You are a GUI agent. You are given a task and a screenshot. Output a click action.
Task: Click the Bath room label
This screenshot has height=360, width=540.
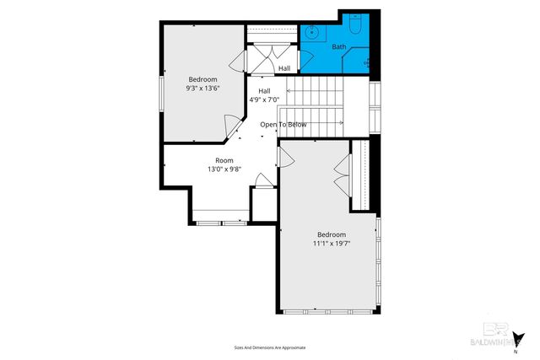point(338,47)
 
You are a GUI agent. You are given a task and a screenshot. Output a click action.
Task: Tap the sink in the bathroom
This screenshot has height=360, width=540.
point(310,34)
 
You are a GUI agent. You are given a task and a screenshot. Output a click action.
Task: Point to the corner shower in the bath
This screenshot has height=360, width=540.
point(368,60)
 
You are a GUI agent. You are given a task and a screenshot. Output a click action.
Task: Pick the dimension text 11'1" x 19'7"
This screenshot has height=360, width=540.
point(331,244)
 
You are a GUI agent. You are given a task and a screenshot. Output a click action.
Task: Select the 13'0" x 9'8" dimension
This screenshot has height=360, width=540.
point(224,169)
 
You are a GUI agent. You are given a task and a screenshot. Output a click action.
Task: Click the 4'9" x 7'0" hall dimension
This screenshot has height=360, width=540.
point(264,99)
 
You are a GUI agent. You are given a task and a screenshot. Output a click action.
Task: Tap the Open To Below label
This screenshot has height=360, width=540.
point(283,125)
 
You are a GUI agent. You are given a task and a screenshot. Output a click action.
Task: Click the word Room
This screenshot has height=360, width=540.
point(224,160)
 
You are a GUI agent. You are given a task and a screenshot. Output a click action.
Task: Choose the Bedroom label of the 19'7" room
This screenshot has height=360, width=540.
point(331,234)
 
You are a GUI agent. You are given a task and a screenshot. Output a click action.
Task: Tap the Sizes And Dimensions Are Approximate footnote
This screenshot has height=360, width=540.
point(269,347)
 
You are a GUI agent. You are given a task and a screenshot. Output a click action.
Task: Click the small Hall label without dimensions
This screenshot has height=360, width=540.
point(284,68)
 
